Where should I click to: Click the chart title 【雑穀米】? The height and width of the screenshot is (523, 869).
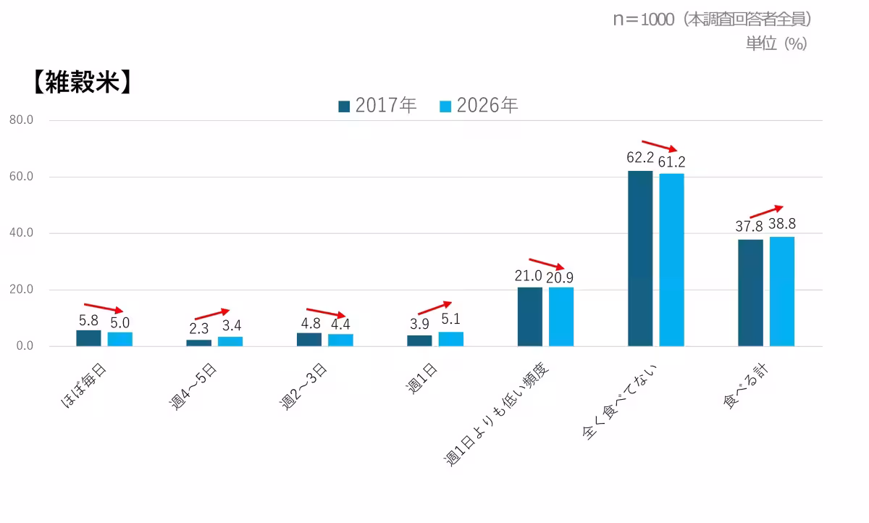click(81, 83)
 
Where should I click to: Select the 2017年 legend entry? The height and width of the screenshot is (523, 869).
click(377, 106)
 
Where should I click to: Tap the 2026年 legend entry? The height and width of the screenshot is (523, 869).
click(479, 106)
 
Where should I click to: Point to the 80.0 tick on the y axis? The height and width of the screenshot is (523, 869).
click(22, 120)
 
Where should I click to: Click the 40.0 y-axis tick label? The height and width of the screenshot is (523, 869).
click(22, 233)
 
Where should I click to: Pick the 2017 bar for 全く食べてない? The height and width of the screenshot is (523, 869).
click(640, 259)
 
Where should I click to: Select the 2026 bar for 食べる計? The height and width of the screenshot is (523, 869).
click(782, 291)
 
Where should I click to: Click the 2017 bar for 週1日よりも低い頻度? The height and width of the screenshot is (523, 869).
click(530, 317)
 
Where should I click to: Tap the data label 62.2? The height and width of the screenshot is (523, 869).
click(639, 158)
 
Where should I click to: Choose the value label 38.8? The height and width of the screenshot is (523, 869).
click(782, 224)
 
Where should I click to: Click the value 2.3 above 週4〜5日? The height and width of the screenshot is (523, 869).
click(199, 328)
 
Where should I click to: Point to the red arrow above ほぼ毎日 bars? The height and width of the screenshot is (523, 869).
click(104, 308)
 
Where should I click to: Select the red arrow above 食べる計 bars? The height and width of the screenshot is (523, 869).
click(766, 212)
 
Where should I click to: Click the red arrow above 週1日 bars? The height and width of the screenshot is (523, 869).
click(434, 308)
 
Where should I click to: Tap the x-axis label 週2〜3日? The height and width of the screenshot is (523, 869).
click(304, 388)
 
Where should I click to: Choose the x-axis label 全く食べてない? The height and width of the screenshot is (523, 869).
click(623, 402)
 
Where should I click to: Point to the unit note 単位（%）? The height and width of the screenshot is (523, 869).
click(776, 43)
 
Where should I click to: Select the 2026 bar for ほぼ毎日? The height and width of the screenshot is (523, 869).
click(120, 339)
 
